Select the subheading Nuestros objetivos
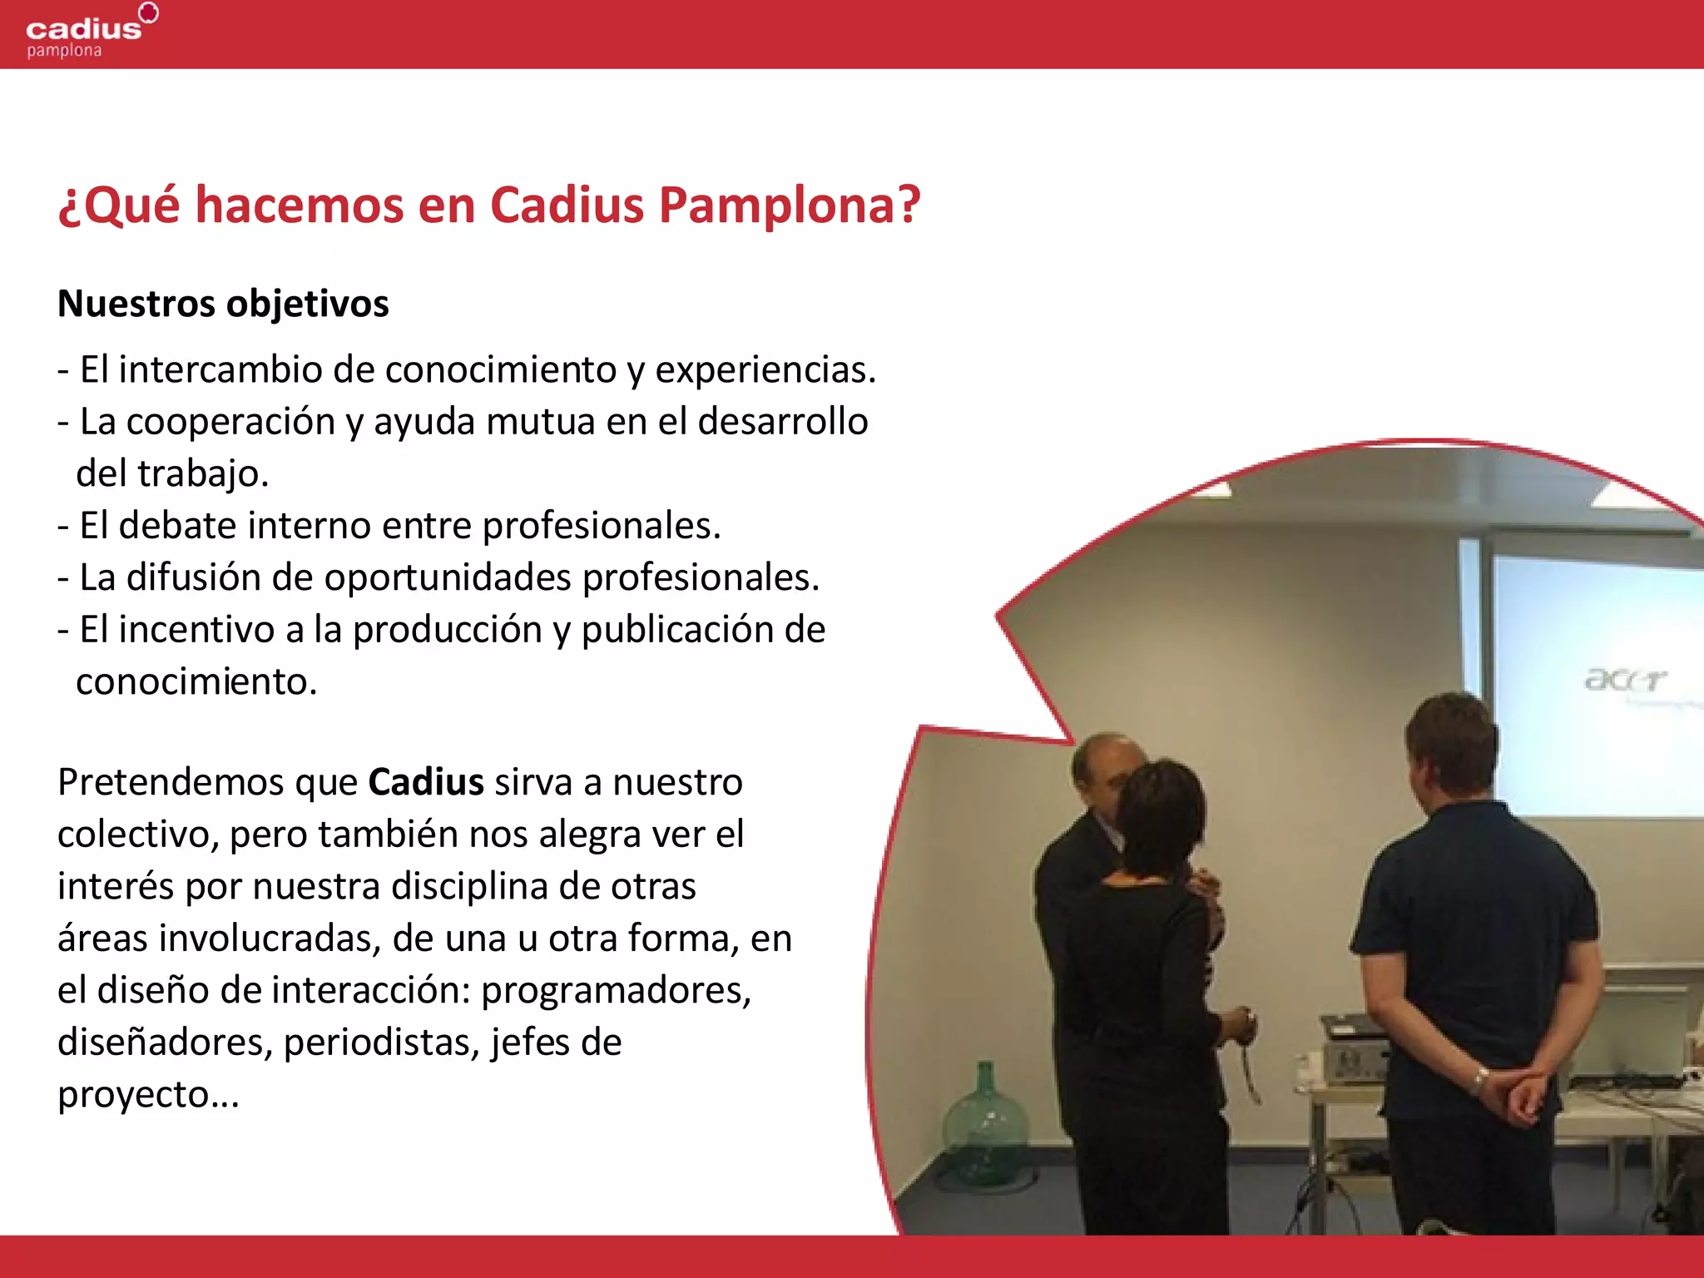click(x=223, y=304)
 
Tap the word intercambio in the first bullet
click(x=220, y=369)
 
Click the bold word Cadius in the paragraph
click(x=426, y=783)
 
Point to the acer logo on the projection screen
click(x=1625, y=680)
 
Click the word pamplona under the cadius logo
click(x=64, y=52)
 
